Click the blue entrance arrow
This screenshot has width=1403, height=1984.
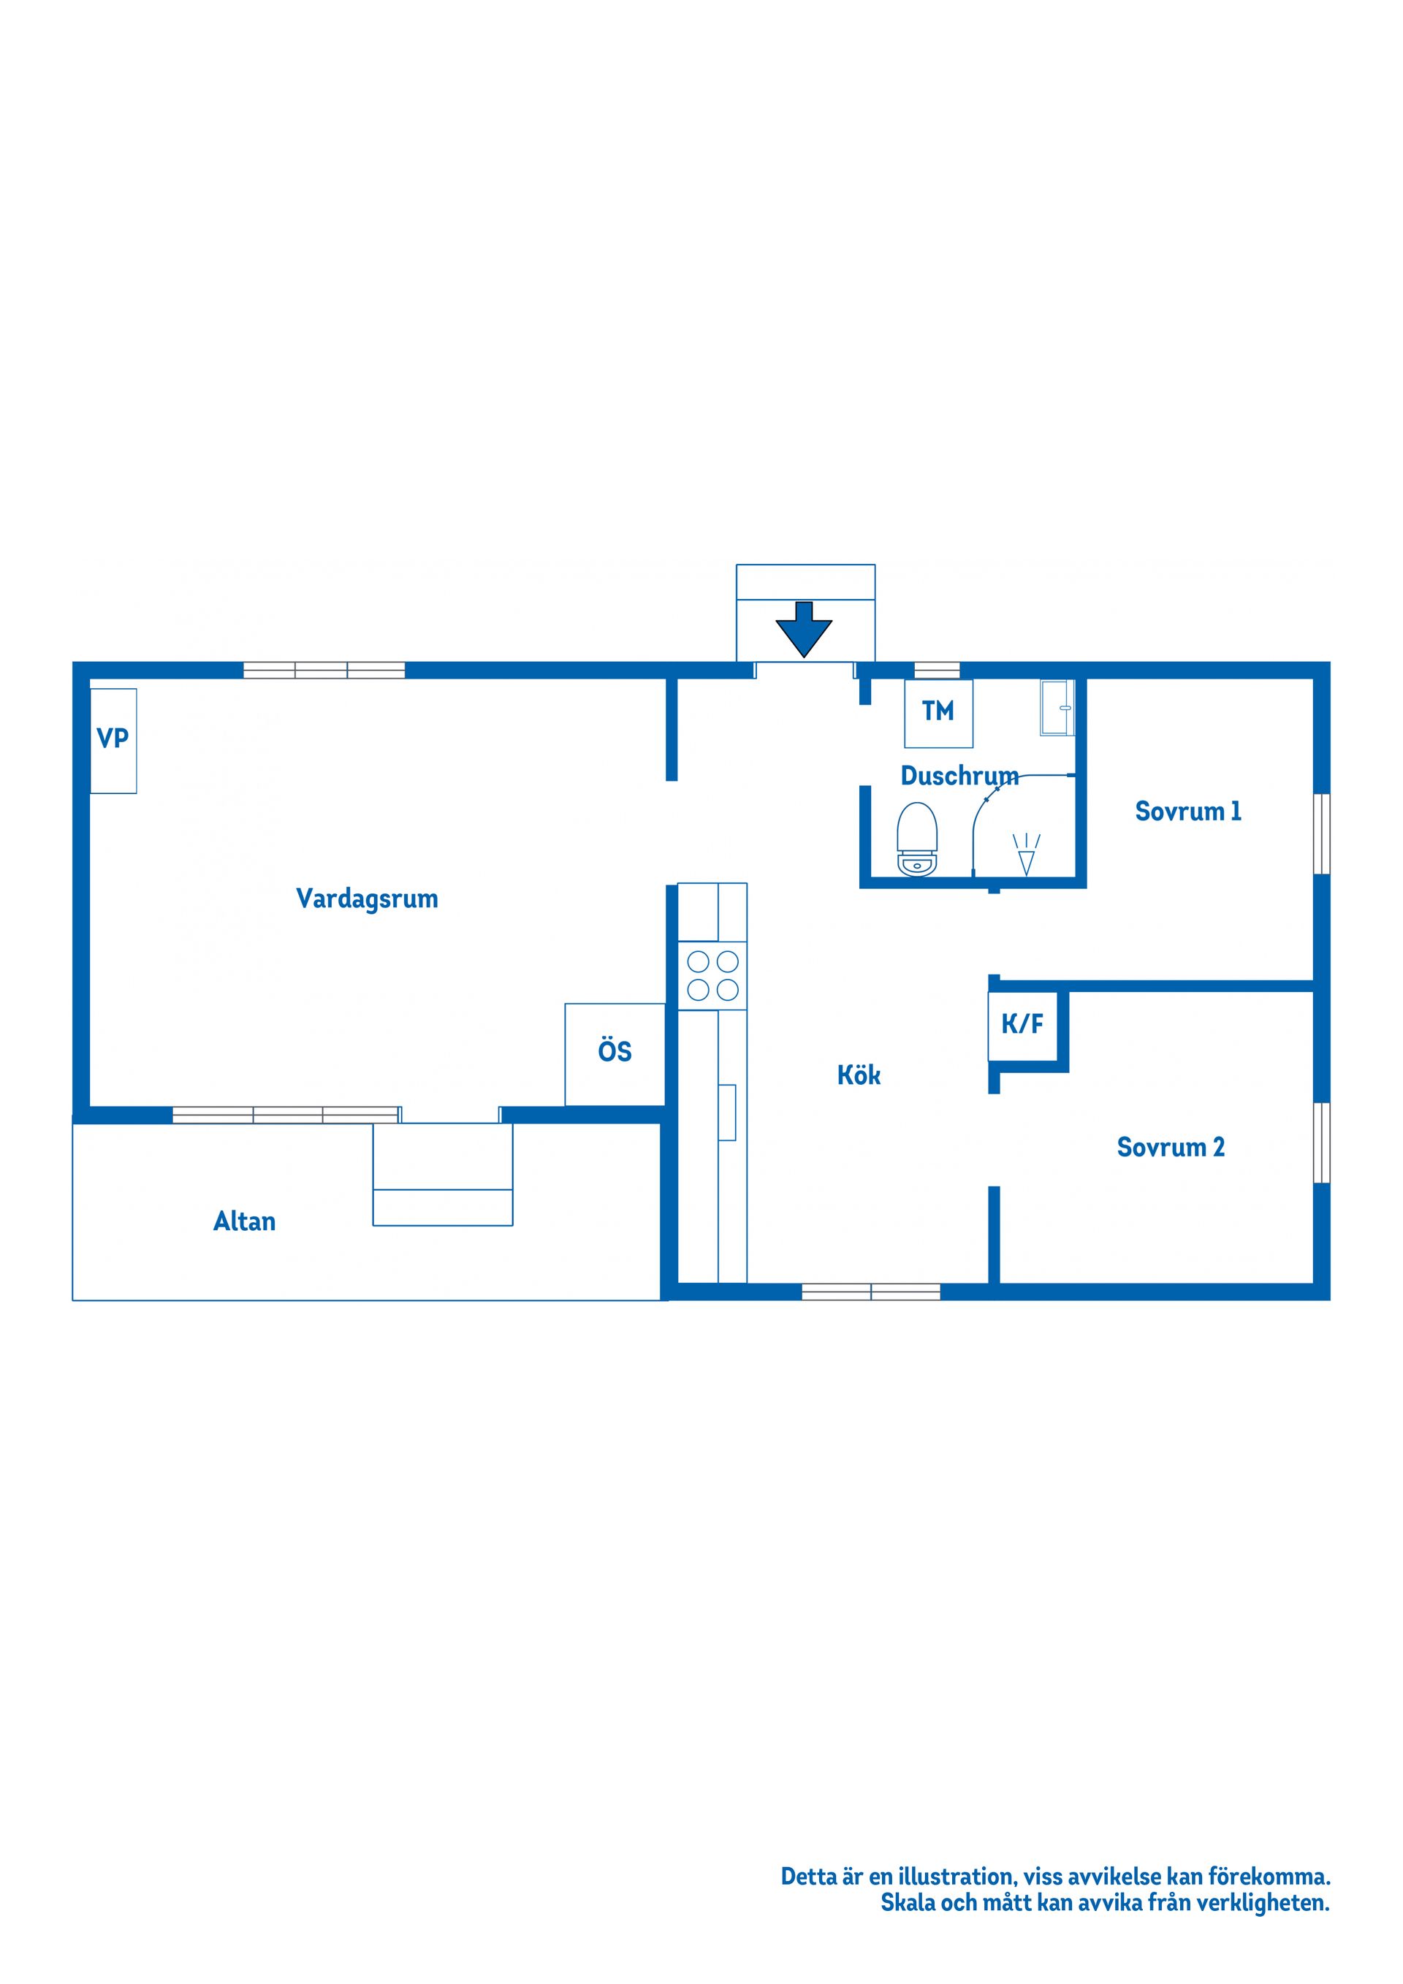(803, 628)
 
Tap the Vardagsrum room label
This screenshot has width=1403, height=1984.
(368, 898)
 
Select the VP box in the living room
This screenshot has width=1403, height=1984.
(113, 741)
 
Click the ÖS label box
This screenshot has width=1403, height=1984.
(615, 1053)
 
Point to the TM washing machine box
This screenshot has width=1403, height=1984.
(939, 713)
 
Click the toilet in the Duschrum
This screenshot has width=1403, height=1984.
(917, 839)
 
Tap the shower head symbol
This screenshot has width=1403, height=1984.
(1026, 855)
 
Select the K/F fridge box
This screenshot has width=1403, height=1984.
(1022, 1026)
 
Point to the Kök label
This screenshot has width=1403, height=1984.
(859, 1075)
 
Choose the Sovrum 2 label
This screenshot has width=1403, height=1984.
(1171, 1148)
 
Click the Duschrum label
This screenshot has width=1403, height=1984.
(959, 776)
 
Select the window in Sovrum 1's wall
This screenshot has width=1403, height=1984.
(1322, 834)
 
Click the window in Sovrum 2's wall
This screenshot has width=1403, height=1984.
(1322, 1142)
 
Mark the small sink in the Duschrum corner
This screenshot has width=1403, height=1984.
(1057, 708)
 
